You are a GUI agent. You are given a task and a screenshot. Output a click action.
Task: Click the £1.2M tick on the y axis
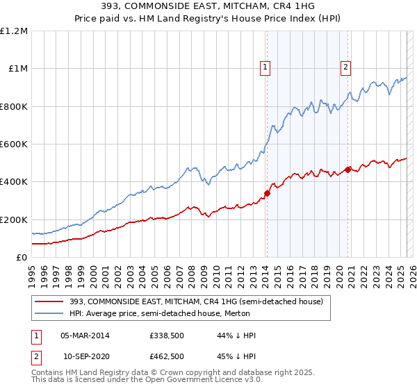tap(14, 31)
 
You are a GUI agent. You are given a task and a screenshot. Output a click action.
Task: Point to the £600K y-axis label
tap(14, 144)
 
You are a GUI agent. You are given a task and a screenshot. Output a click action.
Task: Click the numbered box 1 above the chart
tap(266, 67)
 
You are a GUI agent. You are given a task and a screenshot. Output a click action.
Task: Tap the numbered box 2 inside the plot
tap(345, 67)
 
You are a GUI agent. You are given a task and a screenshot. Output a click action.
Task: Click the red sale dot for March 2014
tap(267, 193)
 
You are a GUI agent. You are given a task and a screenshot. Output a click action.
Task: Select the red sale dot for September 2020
tap(348, 169)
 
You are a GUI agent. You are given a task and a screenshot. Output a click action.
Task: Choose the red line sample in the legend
tap(49, 301)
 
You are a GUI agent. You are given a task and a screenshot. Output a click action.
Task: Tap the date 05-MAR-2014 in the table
tap(85, 336)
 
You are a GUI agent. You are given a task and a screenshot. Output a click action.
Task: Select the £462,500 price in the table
tap(167, 356)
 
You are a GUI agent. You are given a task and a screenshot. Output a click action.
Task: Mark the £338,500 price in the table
tap(167, 336)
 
